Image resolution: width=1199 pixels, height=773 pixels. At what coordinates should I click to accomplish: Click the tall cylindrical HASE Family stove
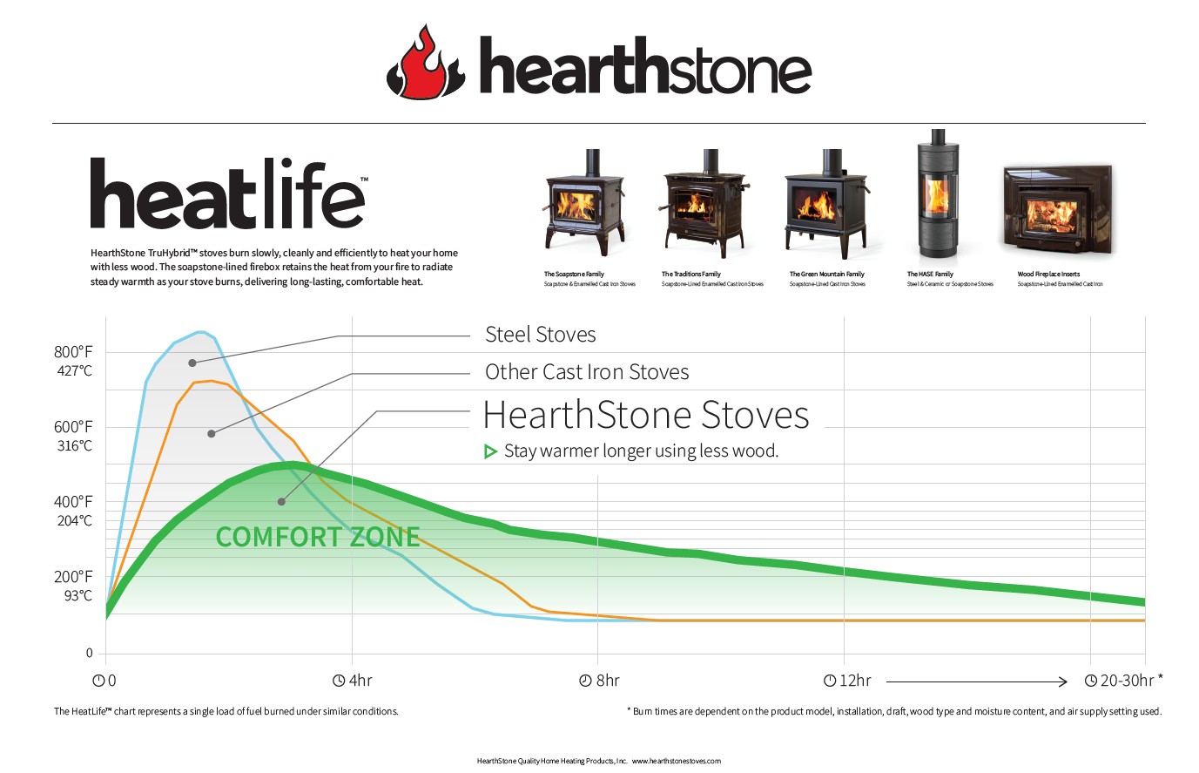938,193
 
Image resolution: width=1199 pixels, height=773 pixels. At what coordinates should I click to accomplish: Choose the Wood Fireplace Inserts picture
1058,209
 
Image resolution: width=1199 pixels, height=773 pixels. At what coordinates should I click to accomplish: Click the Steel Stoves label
540,335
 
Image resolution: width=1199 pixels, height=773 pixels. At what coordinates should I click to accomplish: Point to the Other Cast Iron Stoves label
587,372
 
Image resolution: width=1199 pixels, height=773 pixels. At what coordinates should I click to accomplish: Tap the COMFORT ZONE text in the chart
318,537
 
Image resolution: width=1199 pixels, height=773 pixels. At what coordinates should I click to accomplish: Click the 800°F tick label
73,352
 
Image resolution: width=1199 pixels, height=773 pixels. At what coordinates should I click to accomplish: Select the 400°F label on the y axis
73,502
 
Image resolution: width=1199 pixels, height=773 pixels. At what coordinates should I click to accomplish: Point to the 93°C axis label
78,596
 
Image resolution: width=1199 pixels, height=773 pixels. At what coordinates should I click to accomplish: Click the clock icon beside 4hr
339,681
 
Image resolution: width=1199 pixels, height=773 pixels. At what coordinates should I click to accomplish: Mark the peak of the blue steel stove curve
200,332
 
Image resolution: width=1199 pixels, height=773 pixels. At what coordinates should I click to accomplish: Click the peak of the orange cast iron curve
211,382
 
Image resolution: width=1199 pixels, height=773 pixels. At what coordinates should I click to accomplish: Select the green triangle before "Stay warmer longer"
490,451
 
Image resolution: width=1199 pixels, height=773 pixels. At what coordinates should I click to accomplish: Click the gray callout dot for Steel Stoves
192,363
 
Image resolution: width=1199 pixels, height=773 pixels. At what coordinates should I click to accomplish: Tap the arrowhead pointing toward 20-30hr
1062,682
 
